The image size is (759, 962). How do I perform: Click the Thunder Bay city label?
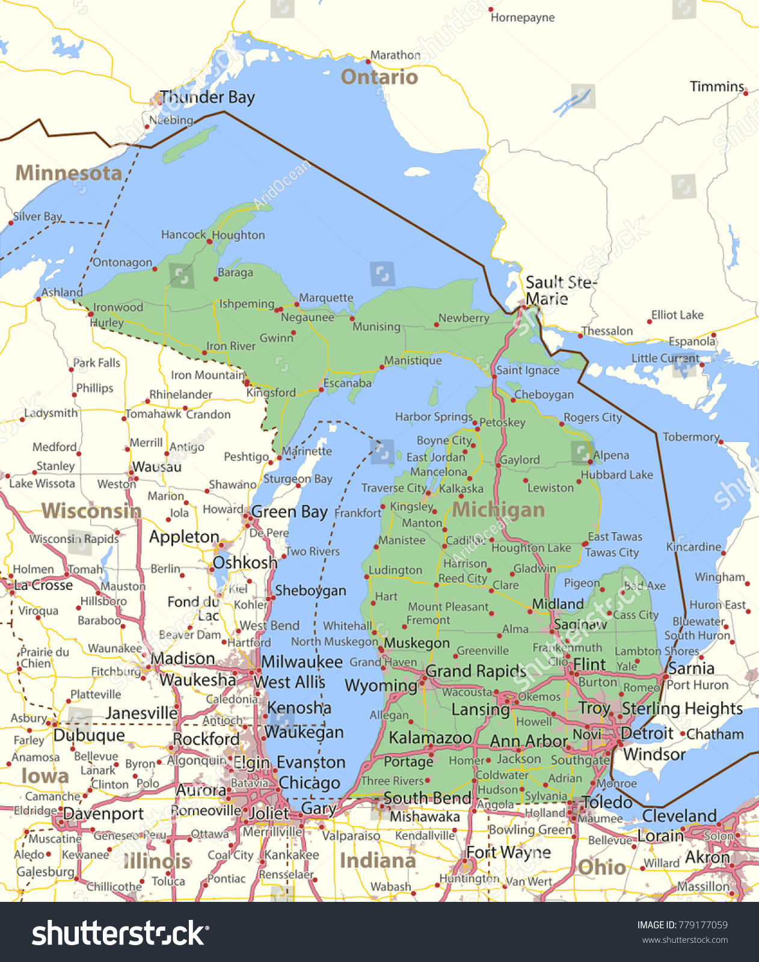pyautogui.click(x=207, y=97)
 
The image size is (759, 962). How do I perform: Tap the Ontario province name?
pyautogui.click(x=379, y=77)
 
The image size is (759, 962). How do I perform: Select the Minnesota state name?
pyautogui.click(x=69, y=173)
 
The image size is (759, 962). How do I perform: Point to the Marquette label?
pyautogui.click(x=326, y=298)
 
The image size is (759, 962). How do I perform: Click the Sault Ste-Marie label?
pyautogui.click(x=560, y=290)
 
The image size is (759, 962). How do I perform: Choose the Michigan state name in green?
pyautogui.click(x=498, y=510)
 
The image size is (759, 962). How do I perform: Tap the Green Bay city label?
pyautogui.click(x=289, y=512)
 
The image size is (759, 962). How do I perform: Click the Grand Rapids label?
pyautogui.click(x=476, y=671)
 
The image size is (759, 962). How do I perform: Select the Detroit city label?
pyautogui.click(x=647, y=734)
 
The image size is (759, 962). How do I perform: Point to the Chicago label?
pyautogui.click(x=309, y=783)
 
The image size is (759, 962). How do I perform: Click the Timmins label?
pyautogui.click(x=717, y=87)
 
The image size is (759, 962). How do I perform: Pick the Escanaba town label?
pyautogui.click(x=347, y=383)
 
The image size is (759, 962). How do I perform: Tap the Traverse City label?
pyautogui.click(x=393, y=488)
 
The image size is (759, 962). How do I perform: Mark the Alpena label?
pyautogui.click(x=611, y=455)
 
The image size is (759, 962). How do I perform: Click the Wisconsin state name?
pyautogui.click(x=91, y=511)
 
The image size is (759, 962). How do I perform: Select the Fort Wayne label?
pyautogui.click(x=508, y=852)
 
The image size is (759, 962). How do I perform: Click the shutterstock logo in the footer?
pyautogui.click(x=120, y=933)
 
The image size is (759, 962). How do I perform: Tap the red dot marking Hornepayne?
pyautogui.click(x=490, y=10)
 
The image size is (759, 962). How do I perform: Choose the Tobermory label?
pyautogui.click(x=690, y=437)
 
